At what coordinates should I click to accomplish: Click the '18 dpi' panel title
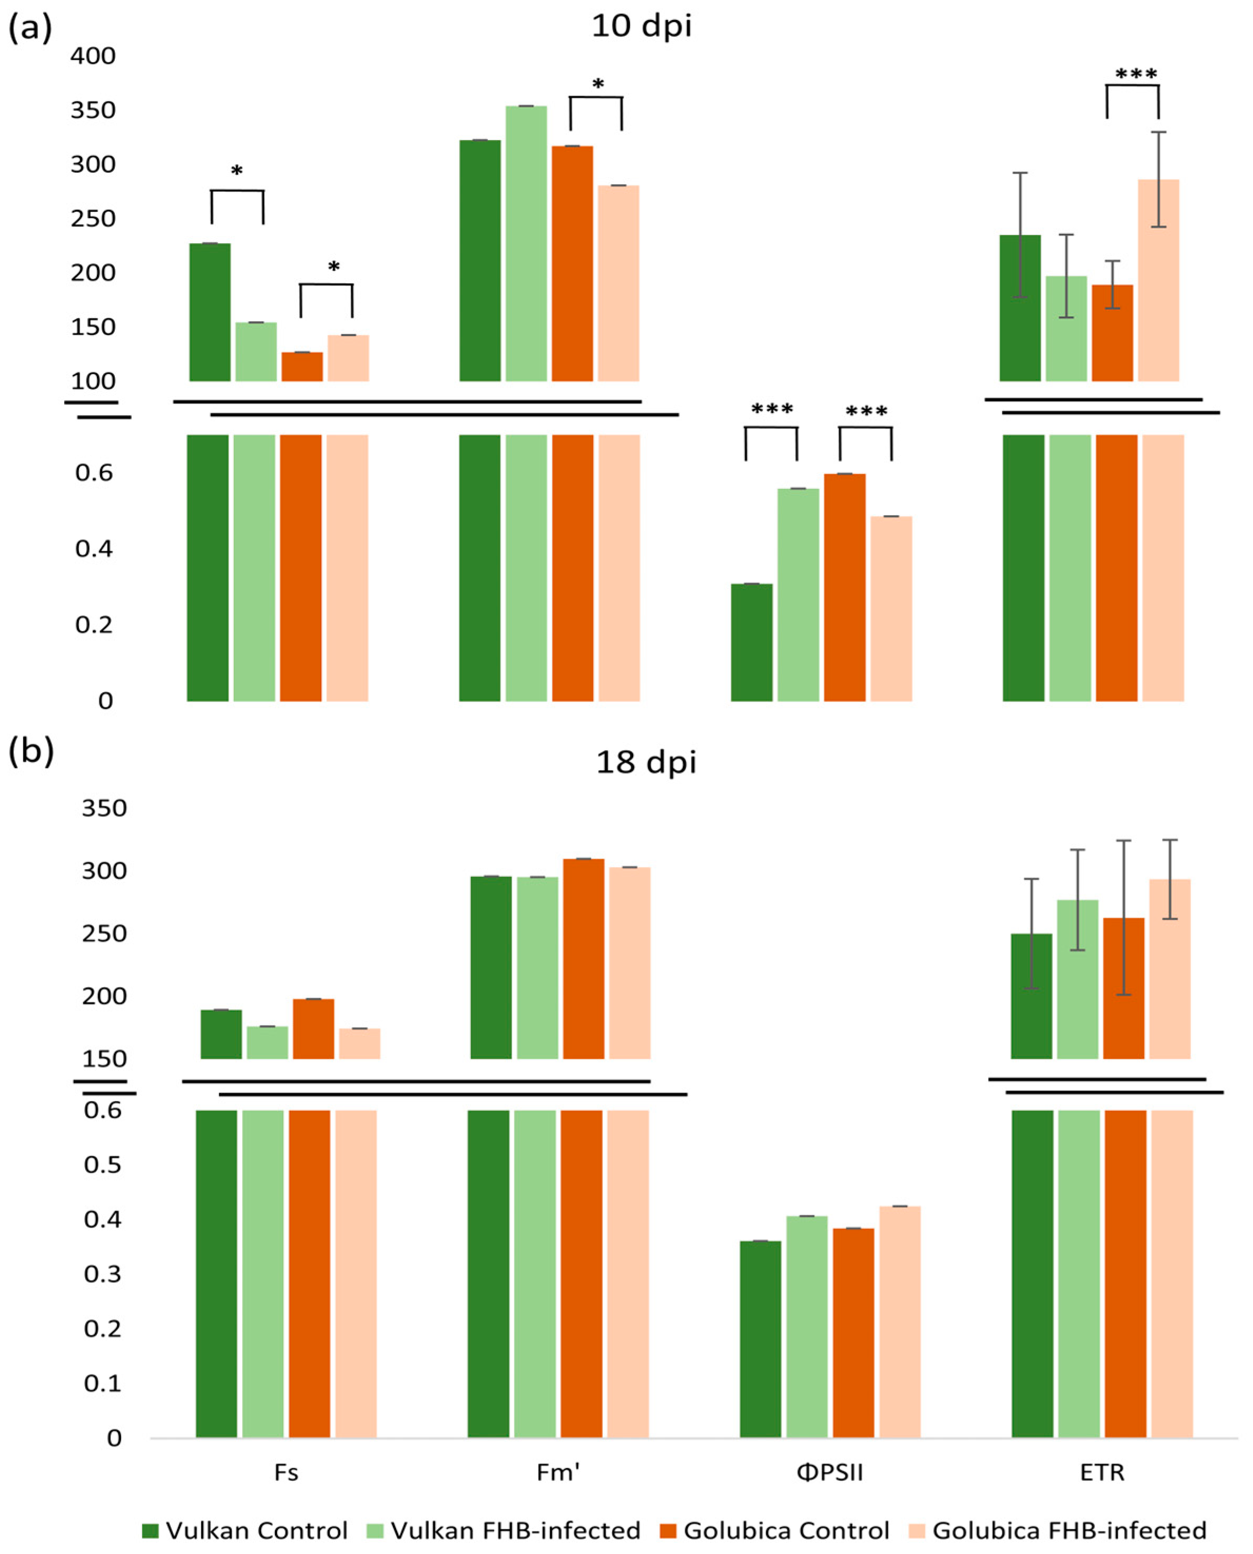pos(646,763)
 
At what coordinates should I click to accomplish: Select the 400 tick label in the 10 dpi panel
pos(92,56)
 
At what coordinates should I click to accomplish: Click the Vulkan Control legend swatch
pos(150,1530)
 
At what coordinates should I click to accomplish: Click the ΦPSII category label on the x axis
pos(830,1472)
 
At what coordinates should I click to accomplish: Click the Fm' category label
pos(558,1472)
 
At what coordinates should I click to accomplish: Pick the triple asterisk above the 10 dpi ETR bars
pos(1136,74)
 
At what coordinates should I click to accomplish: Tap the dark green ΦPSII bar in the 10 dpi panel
pos(752,642)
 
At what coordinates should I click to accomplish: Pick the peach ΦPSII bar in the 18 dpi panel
pos(900,1321)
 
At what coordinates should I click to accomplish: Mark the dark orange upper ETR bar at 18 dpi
pos(1124,988)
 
